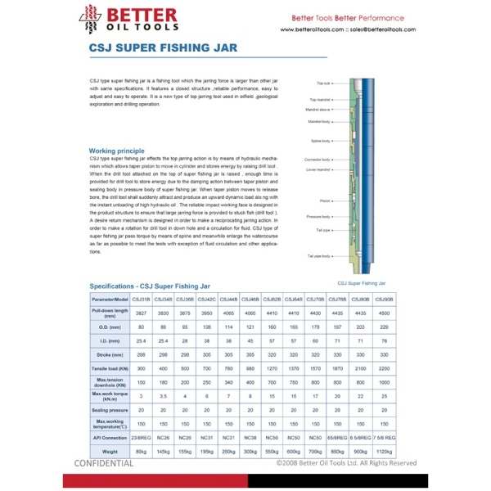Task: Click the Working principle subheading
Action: (116, 151)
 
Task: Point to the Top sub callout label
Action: (323, 83)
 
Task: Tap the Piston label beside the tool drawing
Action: (325, 200)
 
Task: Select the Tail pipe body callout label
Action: (318, 255)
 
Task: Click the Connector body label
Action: (318, 160)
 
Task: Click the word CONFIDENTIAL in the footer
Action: (104, 463)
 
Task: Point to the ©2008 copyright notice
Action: (346, 463)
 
